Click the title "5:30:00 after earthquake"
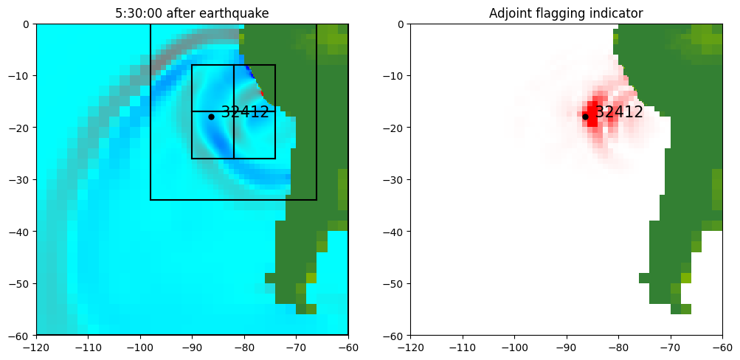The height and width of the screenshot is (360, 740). (x=192, y=13)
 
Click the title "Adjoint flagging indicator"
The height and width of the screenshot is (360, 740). (x=566, y=13)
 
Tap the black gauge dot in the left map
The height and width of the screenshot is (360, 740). (x=211, y=117)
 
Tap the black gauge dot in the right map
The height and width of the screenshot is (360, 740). (x=585, y=117)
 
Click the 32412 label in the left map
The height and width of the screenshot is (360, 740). (x=245, y=113)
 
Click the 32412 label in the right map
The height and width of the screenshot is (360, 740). (x=619, y=113)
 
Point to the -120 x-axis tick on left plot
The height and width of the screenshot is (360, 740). (x=36, y=346)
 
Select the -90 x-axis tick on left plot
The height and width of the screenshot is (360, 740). (x=192, y=346)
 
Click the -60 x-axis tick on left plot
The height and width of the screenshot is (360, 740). (x=348, y=346)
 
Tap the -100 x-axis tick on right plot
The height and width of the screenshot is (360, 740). (x=514, y=346)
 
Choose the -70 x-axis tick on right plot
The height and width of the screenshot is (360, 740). (x=670, y=346)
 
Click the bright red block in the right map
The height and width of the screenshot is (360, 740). (x=592, y=115)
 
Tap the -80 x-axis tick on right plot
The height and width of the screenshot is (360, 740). (x=618, y=346)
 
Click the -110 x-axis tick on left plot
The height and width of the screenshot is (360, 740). (x=88, y=346)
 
